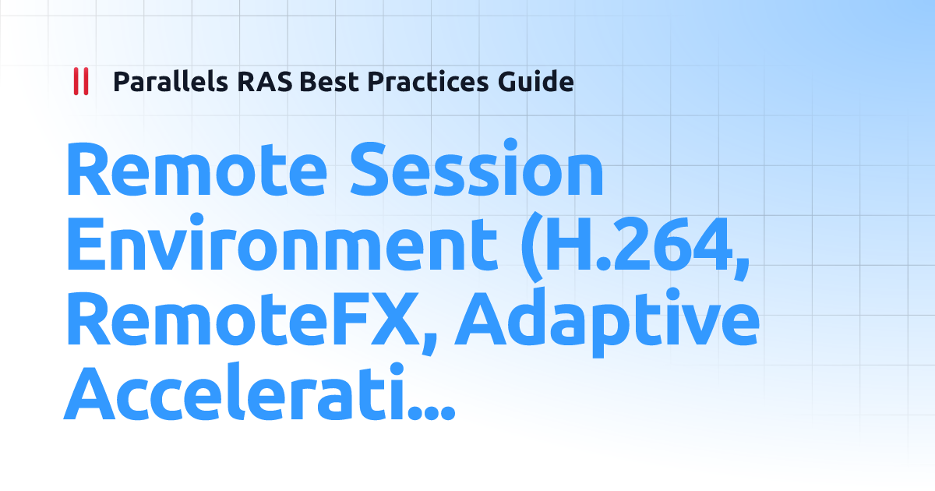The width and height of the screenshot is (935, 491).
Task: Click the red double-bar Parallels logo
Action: click(80, 81)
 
